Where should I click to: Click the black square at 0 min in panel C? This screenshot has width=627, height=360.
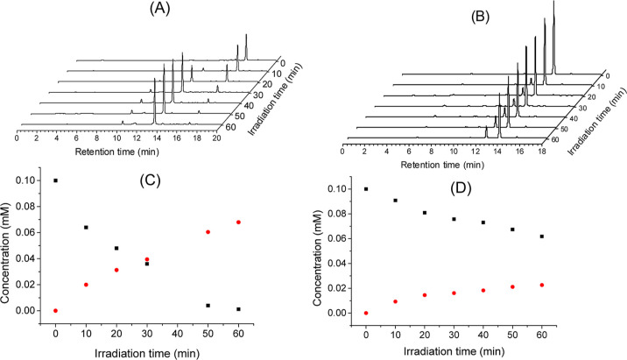coord(55,180)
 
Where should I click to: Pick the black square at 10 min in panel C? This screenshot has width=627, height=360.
coord(86,228)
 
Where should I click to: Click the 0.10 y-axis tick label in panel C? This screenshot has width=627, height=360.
coord(29,180)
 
